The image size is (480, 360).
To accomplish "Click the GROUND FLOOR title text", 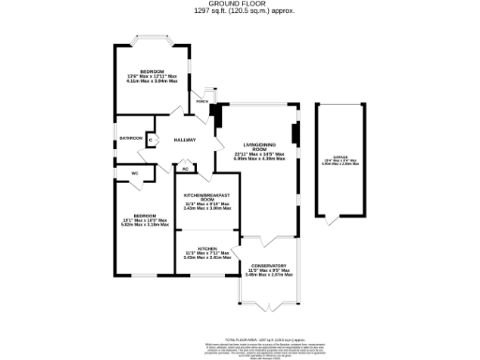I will tap(239, 4).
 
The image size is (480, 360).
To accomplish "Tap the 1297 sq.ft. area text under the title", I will tap(239, 10).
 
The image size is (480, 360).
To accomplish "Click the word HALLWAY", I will tap(184, 139).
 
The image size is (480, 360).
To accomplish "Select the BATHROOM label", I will tap(130, 139).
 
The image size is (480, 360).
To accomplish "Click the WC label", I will tap(135, 173).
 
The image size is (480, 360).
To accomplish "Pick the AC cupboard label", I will tap(185, 170).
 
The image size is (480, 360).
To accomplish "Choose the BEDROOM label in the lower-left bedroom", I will tap(143, 215).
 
